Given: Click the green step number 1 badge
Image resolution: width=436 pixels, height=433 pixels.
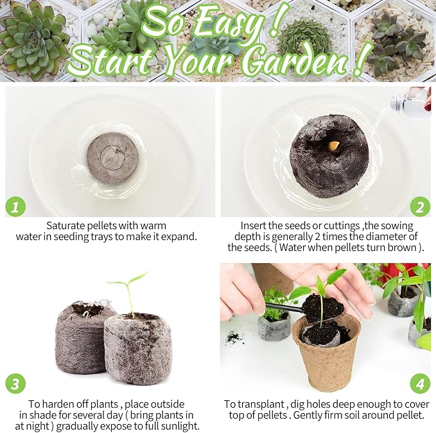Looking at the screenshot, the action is tap(15, 207).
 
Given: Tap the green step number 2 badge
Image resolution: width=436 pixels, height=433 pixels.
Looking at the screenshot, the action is tap(420, 207).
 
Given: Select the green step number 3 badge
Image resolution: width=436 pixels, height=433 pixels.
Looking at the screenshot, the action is tap(15, 383).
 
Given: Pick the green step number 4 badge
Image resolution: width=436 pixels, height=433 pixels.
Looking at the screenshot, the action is tap(420, 383).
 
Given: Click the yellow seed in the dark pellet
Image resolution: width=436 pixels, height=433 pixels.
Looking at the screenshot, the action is tap(333, 145).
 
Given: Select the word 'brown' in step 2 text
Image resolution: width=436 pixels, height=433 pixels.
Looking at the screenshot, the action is tap(401, 248).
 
